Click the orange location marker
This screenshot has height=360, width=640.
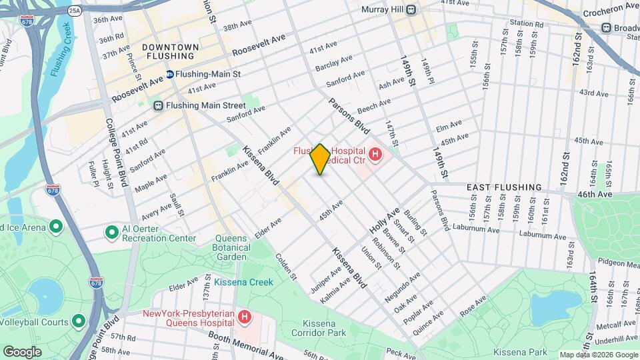pos(320,159)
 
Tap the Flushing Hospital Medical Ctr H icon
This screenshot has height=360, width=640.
pos(375,155)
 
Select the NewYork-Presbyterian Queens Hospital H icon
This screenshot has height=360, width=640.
pos(245,316)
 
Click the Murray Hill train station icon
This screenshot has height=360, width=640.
pos(411,9)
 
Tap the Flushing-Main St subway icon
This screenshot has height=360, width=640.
pos(170,74)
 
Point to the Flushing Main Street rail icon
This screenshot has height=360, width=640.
pos(158,105)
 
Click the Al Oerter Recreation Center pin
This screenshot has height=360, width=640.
pos(112,232)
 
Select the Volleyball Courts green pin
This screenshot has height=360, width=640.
pos(78,322)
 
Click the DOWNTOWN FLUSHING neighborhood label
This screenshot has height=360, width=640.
pos(171,51)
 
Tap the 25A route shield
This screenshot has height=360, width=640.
pos(75,11)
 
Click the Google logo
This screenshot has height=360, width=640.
pos(22,351)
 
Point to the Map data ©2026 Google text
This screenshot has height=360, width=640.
pos(598,355)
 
